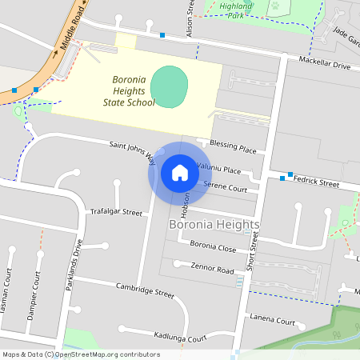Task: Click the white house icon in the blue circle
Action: (180, 173)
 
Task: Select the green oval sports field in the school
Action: (169, 86)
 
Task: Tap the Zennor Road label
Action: (212, 269)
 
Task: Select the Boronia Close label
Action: (213, 247)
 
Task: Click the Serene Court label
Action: (225, 187)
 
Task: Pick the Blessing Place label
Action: (233, 148)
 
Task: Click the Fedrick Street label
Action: (316, 182)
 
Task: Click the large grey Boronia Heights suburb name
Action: (214, 226)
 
